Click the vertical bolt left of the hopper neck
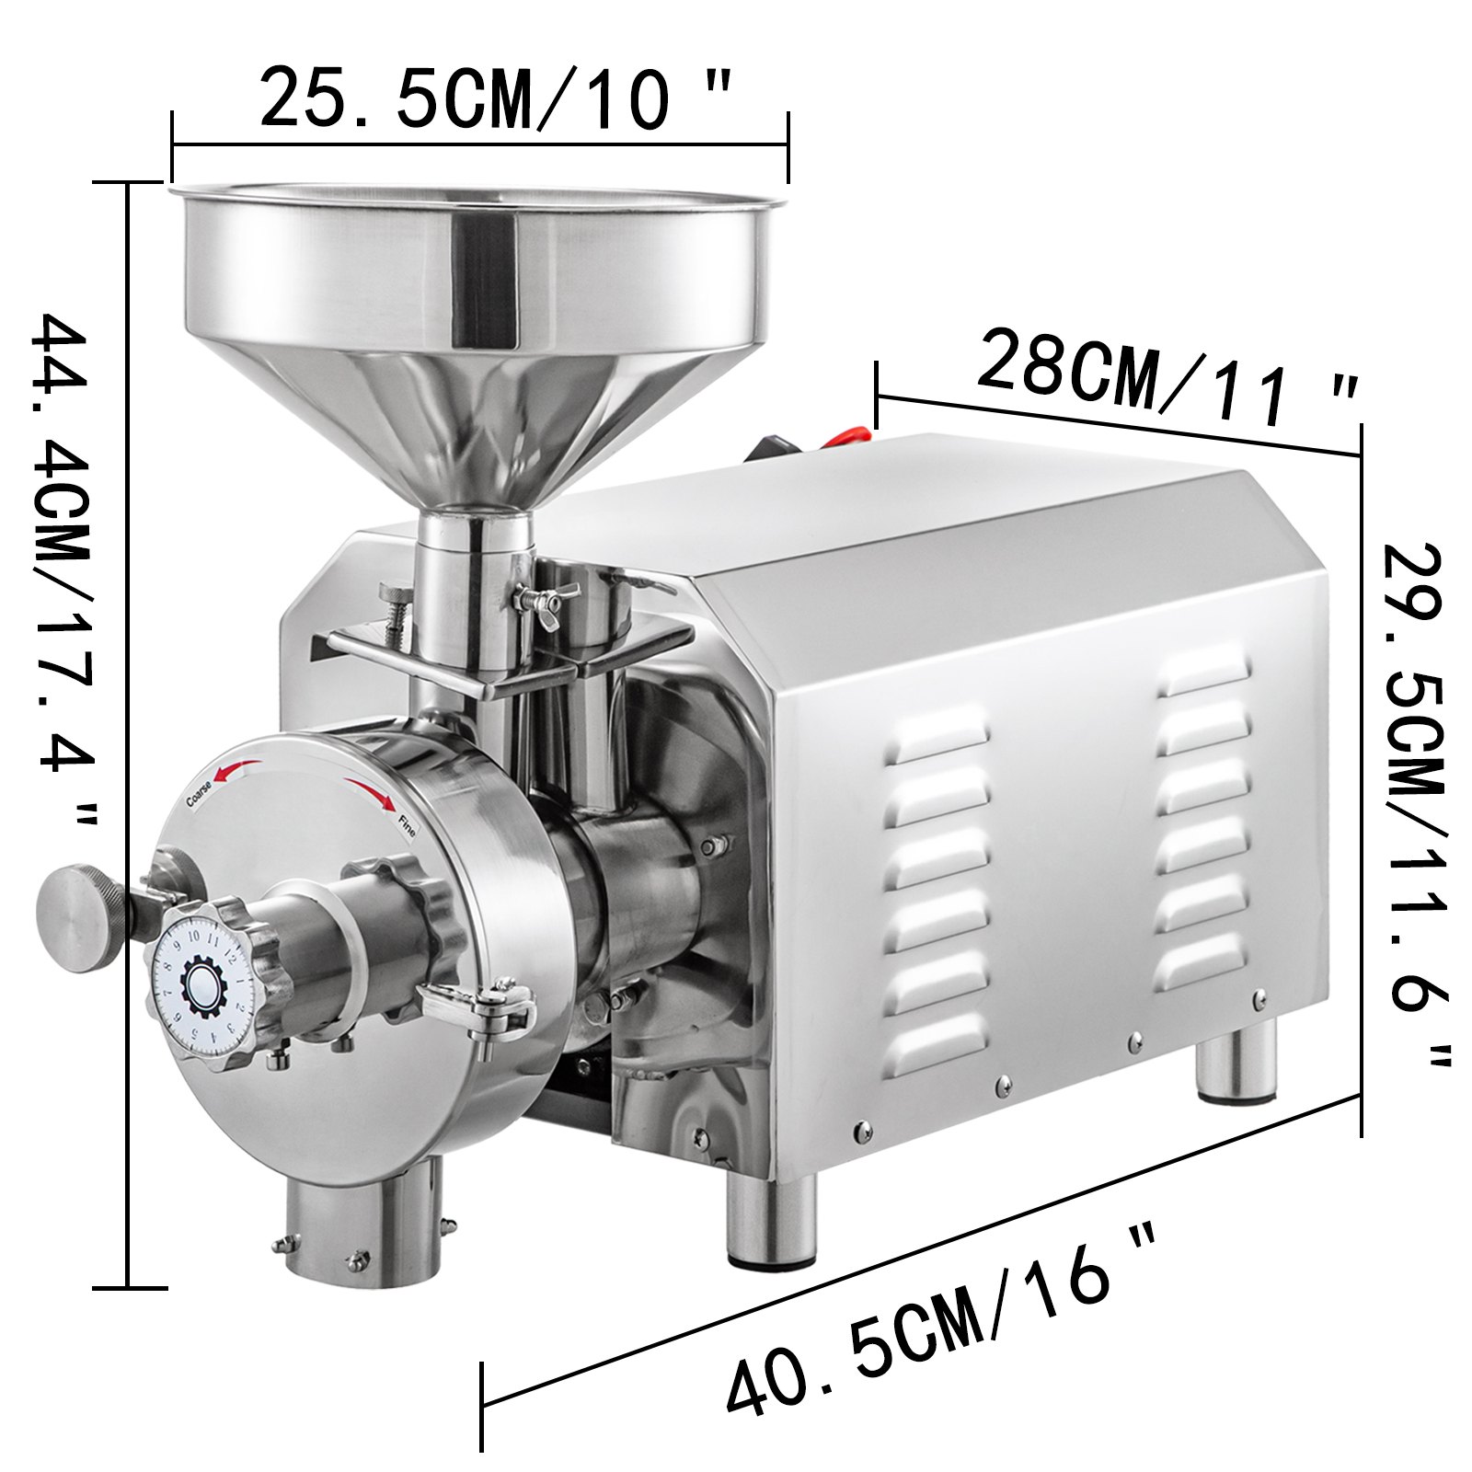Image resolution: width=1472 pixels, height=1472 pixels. click(397, 612)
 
